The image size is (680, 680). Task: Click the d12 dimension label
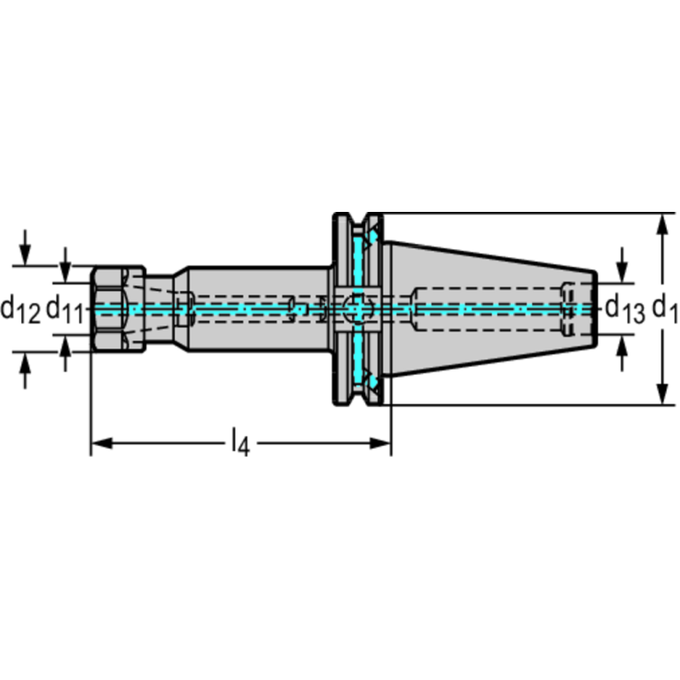pyautogui.click(x=20, y=309)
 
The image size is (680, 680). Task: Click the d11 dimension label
pyautogui.click(x=65, y=309)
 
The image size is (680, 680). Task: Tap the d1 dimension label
pyautogui.click(x=664, y=309)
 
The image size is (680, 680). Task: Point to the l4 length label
pyautogui.click(x=240, y=442)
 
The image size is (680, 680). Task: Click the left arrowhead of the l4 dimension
pyautogui.click(x=101, y=443)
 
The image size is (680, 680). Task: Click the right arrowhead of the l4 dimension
pyautogui.click(x=380, y=443)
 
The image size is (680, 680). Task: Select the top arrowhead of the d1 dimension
pyautogui.click(x=662, y=224)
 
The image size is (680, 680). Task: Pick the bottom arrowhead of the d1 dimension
pyautogui.click(x=662, y=394)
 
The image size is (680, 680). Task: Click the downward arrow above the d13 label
pyautogui.click(x=622, y=265)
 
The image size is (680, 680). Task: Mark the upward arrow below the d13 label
pyautogui.click(x=622, y=353)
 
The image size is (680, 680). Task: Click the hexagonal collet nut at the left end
pyautogui.click(x=118, y=309)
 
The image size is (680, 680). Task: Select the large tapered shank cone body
pyautogui.click(x=490, y=309)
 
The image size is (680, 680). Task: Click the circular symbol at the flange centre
pyautogui.click(x=358, y=309)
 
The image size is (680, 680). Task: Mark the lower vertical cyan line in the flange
pyautogui.click(x=358, y=358)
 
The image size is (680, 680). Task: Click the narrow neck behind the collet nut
pyautogui.click(x=160, y=309)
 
